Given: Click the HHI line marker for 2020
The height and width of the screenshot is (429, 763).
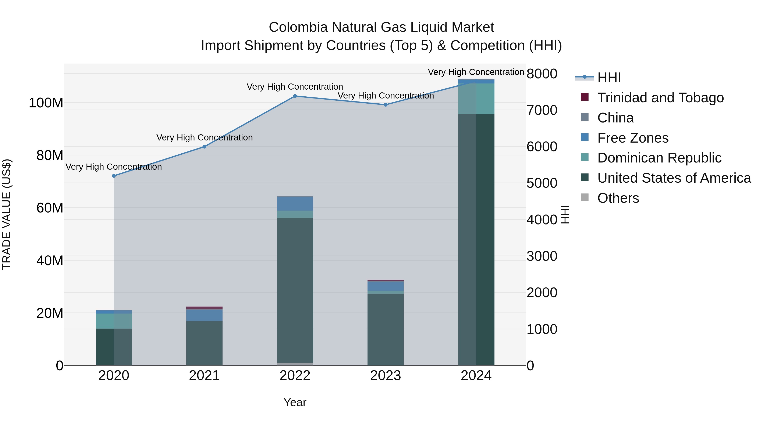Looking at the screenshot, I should coord(114,176).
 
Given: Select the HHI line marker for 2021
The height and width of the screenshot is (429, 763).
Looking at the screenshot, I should coord(204,147).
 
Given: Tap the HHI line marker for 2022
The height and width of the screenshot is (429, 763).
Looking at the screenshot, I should coord(295,96).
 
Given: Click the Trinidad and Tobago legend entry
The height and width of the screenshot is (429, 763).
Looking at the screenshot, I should coord(660,98).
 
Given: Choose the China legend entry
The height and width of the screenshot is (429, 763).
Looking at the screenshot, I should coord(615,118).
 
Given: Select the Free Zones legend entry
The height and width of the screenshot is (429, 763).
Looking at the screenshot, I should coord(633,138).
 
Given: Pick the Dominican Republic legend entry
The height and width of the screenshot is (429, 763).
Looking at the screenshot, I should coord(659,158).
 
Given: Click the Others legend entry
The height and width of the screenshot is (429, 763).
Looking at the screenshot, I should coord(618,198).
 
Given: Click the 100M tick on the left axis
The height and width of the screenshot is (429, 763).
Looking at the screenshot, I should coord(46,103).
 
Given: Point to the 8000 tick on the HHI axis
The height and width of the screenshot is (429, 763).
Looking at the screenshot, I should coord(542,74).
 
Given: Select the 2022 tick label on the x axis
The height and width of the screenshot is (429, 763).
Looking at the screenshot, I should coord(295,376).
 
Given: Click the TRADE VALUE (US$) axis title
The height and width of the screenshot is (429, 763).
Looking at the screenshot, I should coord(7,214).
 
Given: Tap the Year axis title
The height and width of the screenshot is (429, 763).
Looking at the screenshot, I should coord(295,402).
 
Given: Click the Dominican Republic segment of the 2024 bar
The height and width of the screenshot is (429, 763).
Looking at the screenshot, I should coord(476,99).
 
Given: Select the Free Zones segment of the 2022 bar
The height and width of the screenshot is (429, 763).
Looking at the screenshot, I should coord(295,204).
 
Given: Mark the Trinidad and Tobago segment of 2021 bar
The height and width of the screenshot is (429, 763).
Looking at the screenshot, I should coord(204,308).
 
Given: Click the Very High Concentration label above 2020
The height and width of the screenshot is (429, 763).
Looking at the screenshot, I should coord(114,167).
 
